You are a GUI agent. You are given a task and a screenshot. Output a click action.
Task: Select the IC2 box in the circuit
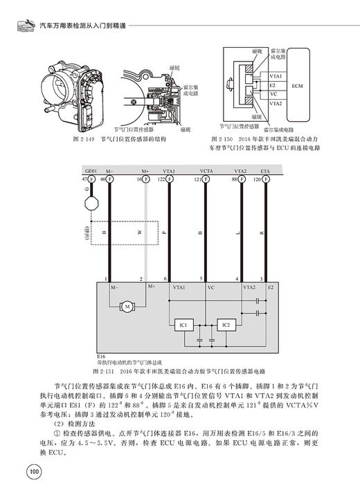click(226, 324)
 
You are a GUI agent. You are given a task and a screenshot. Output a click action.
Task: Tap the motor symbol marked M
click(127, 305)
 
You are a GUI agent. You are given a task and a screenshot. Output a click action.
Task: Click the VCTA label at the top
click(206, 170)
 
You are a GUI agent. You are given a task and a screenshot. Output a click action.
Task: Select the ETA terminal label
click(265, 171)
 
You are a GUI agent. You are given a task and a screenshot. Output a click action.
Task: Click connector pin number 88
click(234, 179)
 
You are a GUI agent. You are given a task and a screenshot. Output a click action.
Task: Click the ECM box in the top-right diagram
click(298, 86)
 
